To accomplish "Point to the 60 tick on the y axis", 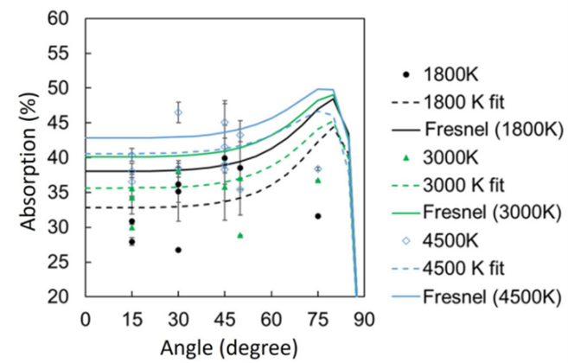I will pyautogui.click(x=59, y=18).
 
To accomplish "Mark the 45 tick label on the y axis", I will pyautogui.click(x=59, y=123).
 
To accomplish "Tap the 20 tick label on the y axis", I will pyautogui.click(x=59, y=296).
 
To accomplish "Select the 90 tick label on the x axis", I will pyautogui.click(x=364, y=317).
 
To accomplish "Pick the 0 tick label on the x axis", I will pyautogui.click(x=85, y=317).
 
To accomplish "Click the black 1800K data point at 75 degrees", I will pyautogui.click(x=318, y=216).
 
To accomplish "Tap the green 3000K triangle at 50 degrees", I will pyautogui.click(x=240, y=235).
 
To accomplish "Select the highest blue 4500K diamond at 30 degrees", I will pyautogui.click(x=178, y=112).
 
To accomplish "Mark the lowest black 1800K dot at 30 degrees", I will pyautogui.click(x=178, y=250).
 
